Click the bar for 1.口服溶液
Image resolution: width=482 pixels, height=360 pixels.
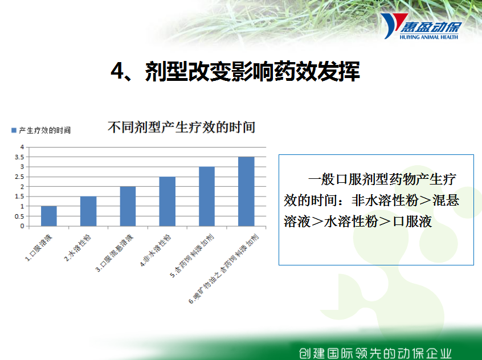pos(49,216)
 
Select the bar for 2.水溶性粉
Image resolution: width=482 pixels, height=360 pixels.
pos(88,211)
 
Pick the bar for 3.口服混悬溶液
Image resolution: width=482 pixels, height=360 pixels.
pos(128,206)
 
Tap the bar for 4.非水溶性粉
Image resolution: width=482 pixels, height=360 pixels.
pos(168,202)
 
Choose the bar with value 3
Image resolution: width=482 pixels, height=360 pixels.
pos(207,197)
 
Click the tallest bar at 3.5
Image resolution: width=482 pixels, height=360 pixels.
pos(246,191)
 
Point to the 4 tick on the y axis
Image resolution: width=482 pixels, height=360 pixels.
pos(22,147)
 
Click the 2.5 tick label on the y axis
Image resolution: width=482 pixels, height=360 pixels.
pos(19,177)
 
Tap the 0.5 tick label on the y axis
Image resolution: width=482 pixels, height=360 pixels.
pos(19,216)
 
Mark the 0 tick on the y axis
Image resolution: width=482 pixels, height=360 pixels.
pos(22,226)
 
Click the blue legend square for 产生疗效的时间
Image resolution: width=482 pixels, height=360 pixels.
pos(14,130)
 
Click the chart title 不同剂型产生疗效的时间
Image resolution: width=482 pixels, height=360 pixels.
pos(181,127)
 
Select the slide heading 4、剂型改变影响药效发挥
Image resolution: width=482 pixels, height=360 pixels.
pos(235,71)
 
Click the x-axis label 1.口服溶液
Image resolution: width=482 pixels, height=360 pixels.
pos(39,248)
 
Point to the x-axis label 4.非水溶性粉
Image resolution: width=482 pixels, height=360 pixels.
pos(156,251)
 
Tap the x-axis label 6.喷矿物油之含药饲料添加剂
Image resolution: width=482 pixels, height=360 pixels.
pos(224,269)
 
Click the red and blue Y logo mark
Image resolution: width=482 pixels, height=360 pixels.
pos(393,25)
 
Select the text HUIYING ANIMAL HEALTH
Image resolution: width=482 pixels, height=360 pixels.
pos(429,37)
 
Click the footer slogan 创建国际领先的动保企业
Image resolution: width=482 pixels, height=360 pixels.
pos(375,353)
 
